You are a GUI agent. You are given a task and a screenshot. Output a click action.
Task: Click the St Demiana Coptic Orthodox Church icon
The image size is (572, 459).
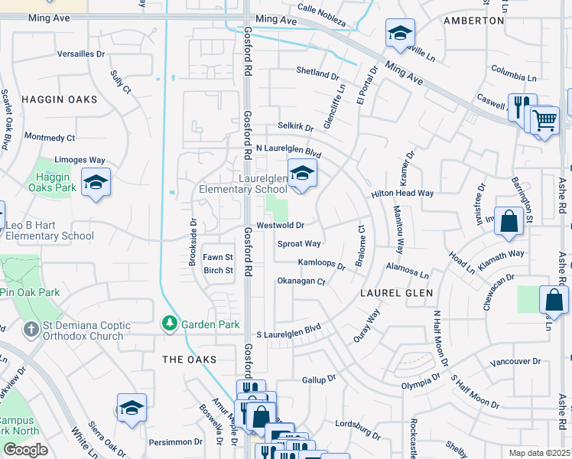[x=31, y=330]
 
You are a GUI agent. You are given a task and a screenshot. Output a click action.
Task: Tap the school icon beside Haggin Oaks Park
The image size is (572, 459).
[x=96, y=183]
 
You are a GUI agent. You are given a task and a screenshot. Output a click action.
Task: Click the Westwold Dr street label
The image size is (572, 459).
[x=280, y=226]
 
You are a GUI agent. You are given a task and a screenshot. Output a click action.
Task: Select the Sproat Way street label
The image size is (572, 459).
[x=298, y=244]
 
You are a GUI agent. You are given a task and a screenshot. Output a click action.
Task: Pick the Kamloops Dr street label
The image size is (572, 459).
[x=322, y=264]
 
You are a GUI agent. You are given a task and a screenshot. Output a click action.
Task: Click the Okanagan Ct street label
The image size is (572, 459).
[x=301, y=282]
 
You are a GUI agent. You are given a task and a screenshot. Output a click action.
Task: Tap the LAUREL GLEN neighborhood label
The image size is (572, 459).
[x=397, y=293]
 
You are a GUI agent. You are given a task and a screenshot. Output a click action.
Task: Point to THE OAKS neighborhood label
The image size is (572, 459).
[x=189, y=359]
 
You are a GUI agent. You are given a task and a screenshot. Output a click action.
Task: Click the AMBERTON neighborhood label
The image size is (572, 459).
[x=473, y=21]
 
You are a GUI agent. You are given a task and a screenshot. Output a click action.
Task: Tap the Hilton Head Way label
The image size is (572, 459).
[x=402, y=194]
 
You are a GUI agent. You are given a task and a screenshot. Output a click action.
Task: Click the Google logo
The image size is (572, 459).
[x=25, y=450]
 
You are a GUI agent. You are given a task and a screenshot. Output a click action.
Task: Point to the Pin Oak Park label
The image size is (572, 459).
[x=30, y=292]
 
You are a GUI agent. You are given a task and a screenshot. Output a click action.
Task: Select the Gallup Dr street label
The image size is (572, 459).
[x=319, y=379]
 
